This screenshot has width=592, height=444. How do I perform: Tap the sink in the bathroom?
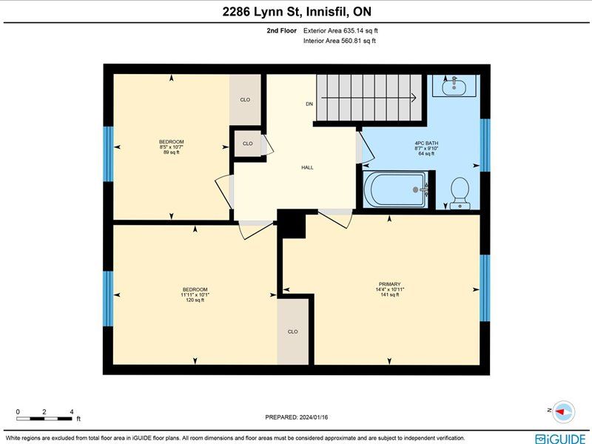[x=454, y=86]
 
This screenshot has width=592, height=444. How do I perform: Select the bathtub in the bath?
[x=397, y=189]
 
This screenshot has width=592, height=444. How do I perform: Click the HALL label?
[x=307, y=168]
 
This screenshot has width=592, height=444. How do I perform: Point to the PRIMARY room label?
[x=390, y=284]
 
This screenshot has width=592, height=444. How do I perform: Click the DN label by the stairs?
[x=309, y=104]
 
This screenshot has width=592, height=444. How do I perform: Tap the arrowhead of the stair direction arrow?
[x=414, y=98]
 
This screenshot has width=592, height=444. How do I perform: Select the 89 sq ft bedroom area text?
[x=172, y=152]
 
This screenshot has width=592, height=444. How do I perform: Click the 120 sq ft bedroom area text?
[x=195, y=300]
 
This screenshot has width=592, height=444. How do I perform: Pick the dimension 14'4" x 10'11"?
[x=390, y=289]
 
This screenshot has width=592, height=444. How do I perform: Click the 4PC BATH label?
[x=426, y=144]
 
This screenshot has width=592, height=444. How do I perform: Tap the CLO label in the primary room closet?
[x=292, y=332]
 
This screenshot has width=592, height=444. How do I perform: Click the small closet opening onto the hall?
[x=248, y=144]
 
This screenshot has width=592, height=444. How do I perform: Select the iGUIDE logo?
[x=560, y=439]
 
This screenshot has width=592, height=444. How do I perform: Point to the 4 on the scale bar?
[x=71, y=412]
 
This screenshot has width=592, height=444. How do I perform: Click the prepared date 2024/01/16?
[x=313, y=417]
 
